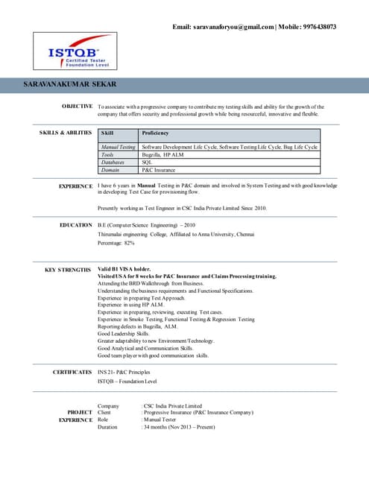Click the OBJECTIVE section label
tap(77, 107)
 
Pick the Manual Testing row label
tap(119, 148)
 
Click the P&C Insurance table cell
tap(158, 169)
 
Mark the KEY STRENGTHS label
tap(68, 269)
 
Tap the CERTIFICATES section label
tap(72, 371)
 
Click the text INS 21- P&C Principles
tap(129, 371)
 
